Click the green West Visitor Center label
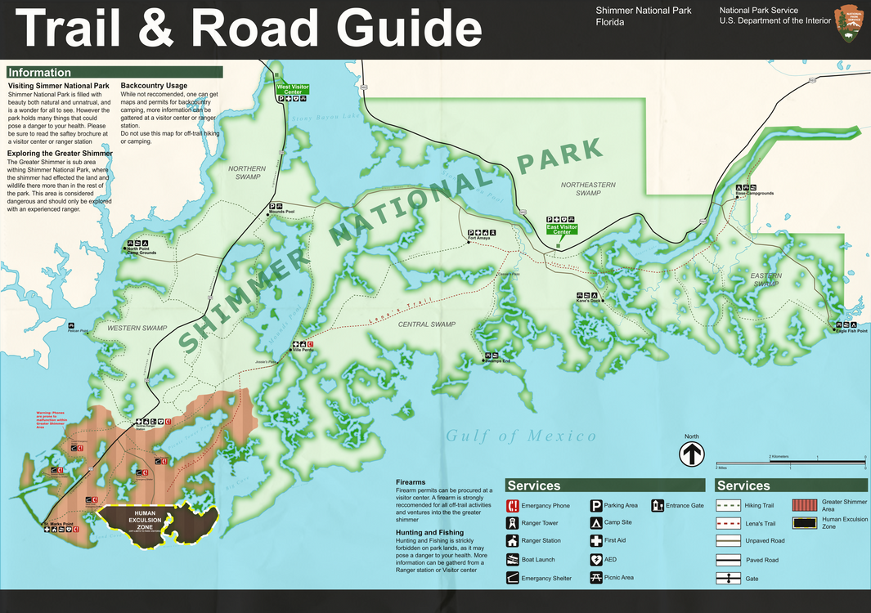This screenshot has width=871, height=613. (x=292, y=89)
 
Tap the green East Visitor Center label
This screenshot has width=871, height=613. (x=562, y=229)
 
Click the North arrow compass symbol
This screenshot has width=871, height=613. (x=692, y=454)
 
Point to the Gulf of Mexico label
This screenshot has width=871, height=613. (x=521, y=436)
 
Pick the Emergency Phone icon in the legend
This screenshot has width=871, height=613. (x=512, y=506)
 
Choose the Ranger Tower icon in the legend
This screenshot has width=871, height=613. (x=512, y=523)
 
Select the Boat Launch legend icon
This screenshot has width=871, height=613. (x=512, y=560)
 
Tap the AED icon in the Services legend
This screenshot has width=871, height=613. (x=596, y=560)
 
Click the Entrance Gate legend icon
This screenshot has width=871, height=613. (x=657, y=506)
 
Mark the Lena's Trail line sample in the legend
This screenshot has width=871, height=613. (x=728, y=524)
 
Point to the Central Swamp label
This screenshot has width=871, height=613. (x=426, y=324)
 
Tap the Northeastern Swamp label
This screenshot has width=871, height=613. (x=588, y=190)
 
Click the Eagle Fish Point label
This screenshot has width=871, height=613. (x=851, y=330)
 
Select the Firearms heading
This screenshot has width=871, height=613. (x=411, y=482)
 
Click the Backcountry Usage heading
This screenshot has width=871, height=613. (x=154, y=86)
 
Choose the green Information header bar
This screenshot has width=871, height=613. (x=114, y=73)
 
